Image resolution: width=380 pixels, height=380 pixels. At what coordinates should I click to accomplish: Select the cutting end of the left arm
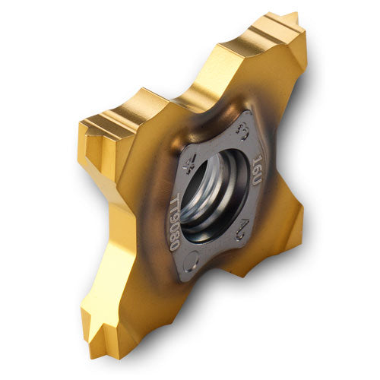[85, 133]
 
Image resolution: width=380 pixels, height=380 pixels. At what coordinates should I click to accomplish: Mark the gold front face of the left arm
[125, 152]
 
